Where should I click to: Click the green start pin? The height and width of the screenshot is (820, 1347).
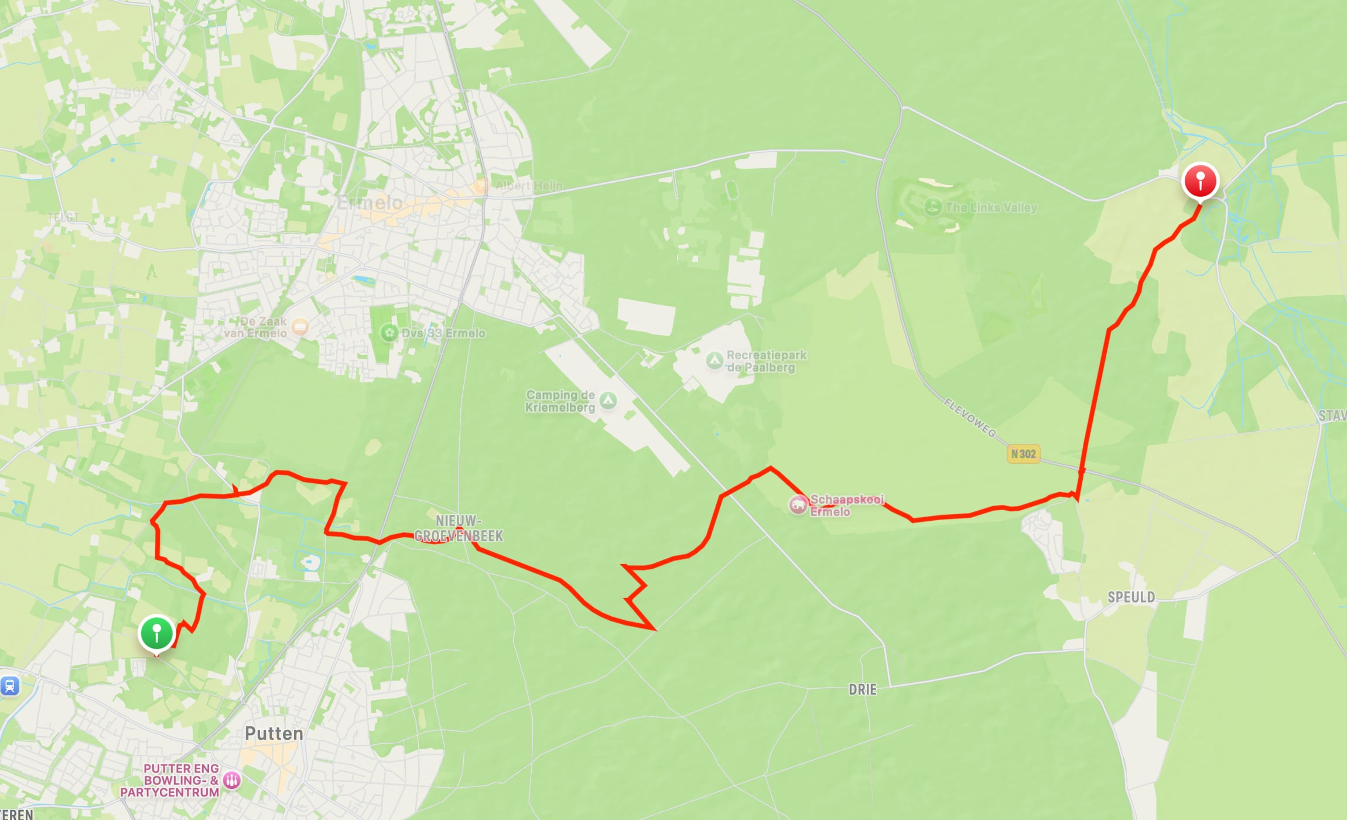click(x=156, y=633)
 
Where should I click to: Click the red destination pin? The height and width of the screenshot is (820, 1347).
click(x=1200, y=180)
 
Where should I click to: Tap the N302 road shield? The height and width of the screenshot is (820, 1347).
click(x=1023, y=454)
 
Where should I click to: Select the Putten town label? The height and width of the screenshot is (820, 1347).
click(x=274, y=733)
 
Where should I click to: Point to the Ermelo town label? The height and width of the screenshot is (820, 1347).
click(x=370, y=203)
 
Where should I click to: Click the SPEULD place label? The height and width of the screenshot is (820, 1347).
click(x=1131, y=597)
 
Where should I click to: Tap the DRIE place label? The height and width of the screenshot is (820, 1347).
click(x=863, y=689)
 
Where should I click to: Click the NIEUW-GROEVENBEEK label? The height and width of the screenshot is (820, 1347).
click(x=459, y=528)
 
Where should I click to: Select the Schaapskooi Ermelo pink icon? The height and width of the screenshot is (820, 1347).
click(x=798, y=505)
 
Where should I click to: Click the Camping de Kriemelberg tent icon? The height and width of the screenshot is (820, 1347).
click(x=608, y=401)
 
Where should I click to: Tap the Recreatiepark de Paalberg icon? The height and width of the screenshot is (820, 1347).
click(x=714, y=360)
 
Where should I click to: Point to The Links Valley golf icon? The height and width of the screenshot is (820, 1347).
click(x=932, y=207)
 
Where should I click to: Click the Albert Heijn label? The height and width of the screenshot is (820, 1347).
click(x=528, y=186)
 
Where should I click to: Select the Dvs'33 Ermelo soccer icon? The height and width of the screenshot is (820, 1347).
click(x=389, y=333)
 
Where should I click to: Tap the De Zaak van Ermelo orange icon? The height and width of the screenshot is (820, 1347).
click(x=300, y=327)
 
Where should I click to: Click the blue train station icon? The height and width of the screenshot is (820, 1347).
click(x=9, y=685)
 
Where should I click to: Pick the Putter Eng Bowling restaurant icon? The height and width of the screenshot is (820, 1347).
click(x=232, y=780)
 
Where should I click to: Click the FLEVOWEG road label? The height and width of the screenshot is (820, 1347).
click(x=970, y=418)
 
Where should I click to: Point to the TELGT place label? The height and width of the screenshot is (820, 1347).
click(x=63, y=217)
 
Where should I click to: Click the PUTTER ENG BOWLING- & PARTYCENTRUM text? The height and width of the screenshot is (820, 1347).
click(x=170, y=780)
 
